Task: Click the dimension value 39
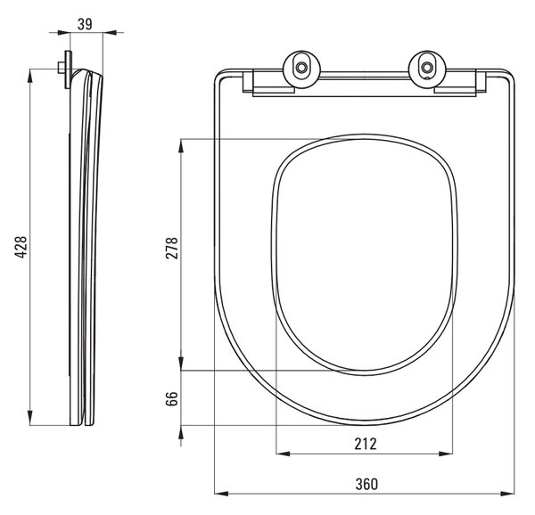[85, 24]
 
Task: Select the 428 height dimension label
[21, 247]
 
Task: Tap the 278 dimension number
[171, 248]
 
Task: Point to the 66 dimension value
[171, 398]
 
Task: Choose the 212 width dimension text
[366, 444]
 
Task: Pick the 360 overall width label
[366, 484]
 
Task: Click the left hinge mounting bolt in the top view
[301, 67]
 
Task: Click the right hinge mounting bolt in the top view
[427, 67]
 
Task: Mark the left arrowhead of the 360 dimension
[221, 494]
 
